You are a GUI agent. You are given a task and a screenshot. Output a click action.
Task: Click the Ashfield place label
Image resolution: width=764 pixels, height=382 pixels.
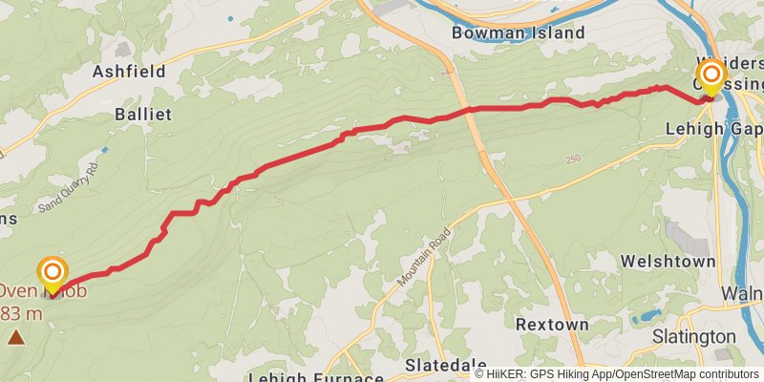tap(129, 72)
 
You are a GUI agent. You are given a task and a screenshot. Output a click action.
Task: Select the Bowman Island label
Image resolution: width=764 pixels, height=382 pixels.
tap(519, 32)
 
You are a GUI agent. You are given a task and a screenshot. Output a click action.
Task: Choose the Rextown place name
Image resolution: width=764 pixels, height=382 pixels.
tap(552, 325)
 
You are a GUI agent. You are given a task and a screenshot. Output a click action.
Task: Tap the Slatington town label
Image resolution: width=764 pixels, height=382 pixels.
tap(694, 336)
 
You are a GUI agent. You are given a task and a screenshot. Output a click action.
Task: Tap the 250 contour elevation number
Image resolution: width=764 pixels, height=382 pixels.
tap(572, 159)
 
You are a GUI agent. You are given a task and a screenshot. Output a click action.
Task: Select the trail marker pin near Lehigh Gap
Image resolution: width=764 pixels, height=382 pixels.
tap(711, 76)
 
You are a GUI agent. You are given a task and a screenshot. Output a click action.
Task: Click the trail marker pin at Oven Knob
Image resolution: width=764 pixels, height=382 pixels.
tap(53, 274)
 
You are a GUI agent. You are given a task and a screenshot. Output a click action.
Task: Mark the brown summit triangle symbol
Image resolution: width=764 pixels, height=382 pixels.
tap(16, 336)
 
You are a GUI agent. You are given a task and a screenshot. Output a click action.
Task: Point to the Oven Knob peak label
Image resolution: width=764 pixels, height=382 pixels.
tap(43, 291)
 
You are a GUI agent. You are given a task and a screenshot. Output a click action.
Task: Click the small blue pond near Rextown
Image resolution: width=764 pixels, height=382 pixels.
tap(650, 315)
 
